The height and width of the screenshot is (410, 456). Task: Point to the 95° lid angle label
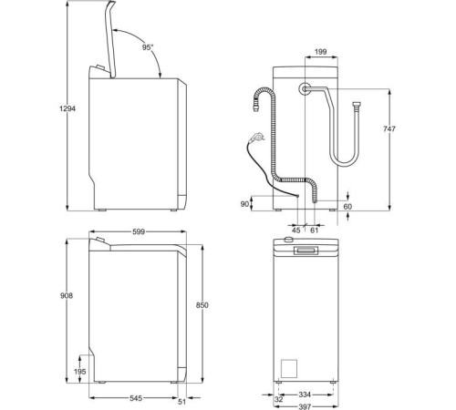(148, 46)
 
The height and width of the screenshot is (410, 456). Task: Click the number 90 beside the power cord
(244, 205)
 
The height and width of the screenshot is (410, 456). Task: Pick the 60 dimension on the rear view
(347, 207)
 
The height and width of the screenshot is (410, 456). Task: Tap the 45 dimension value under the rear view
(297, 230)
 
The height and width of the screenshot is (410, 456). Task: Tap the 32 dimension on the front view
(278, 398)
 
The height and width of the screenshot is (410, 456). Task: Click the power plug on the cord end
(258, 137)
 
